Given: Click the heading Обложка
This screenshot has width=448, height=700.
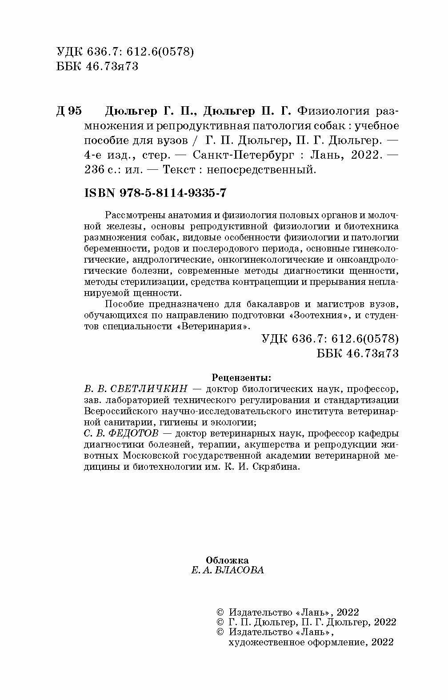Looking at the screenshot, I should (228, 560).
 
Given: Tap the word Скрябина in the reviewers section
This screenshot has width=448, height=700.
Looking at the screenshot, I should (276, 467).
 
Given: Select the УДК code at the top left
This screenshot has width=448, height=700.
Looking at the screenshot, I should (126, 52).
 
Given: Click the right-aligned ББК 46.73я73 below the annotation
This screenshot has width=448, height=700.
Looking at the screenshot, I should (358, 353).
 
